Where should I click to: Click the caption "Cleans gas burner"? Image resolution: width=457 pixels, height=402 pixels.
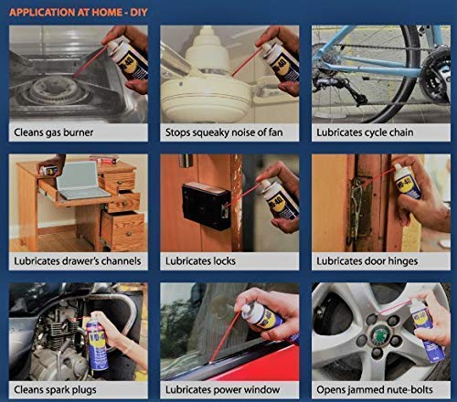[55, 132]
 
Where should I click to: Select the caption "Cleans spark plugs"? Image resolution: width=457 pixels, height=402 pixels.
[57, 388]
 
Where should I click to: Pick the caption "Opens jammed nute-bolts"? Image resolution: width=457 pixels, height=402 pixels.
[376, 388]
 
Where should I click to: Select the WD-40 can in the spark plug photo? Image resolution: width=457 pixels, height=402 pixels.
[95, 338]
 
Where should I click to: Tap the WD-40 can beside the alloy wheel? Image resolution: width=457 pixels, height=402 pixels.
[428, 331]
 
